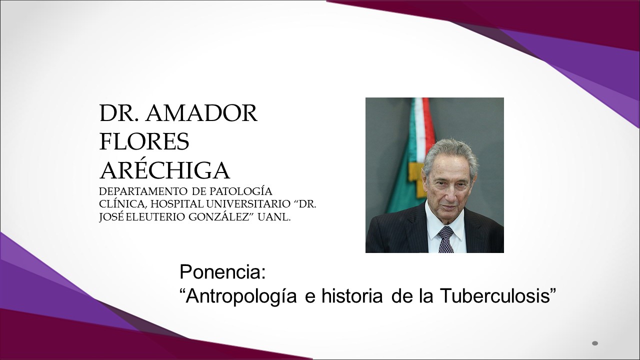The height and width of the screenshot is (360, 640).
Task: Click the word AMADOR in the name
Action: (201, 113)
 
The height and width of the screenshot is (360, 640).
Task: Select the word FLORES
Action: (144, 141)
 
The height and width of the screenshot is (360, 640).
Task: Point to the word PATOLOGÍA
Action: (241, 191)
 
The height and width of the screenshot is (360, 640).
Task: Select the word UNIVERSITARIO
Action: (248, 204)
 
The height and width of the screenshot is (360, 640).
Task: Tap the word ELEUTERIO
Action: (155, 217)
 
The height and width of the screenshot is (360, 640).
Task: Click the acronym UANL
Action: (274, 217)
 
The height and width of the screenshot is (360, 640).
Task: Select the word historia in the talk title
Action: (352, 296)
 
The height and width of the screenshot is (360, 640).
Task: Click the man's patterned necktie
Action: (446, 239)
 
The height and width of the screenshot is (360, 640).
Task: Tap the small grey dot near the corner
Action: (595, 343)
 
